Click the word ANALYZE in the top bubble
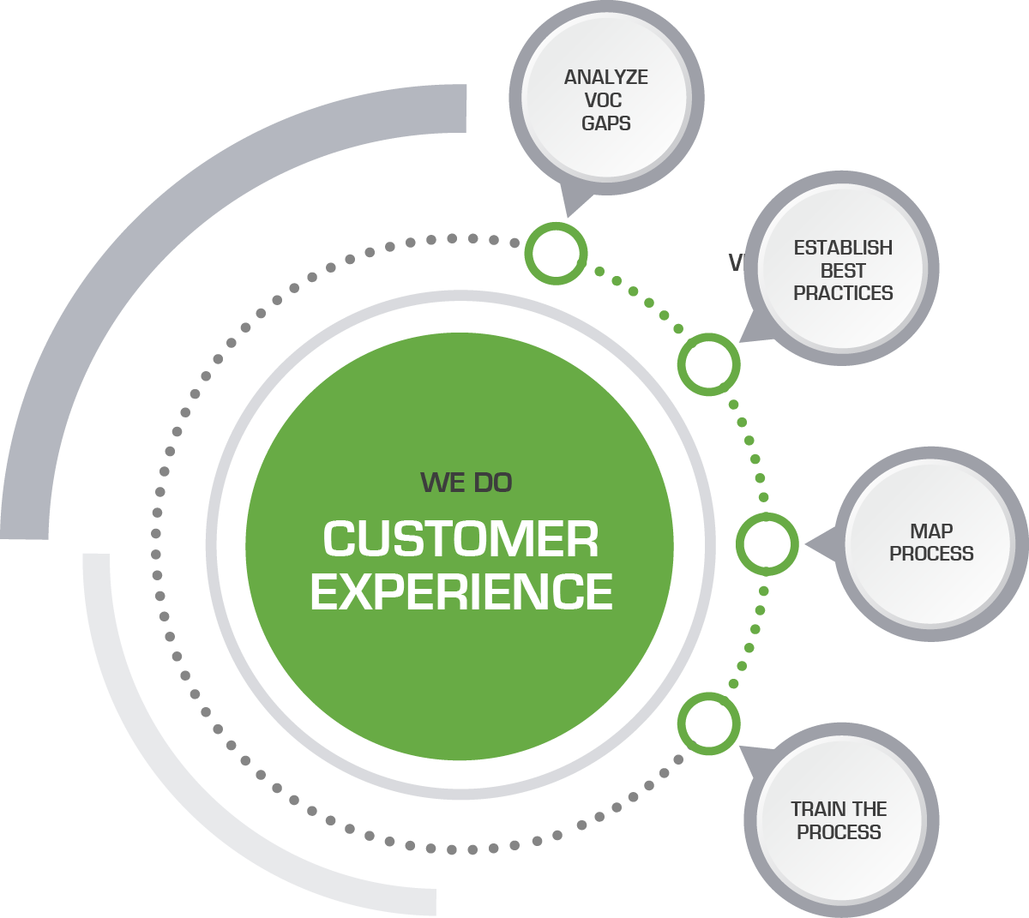(605, 77)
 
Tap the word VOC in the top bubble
(603, 100)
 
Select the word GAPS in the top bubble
(605, 123)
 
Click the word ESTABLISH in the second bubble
(843, 248)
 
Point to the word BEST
(843, 271)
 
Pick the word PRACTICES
(843, 293)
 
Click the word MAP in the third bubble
(931, 531)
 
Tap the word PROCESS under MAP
(931, 554)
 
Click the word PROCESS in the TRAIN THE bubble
(839, 832)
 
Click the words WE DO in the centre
(466, 483)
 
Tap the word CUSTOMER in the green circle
(460, 540)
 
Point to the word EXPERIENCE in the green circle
(461, 592)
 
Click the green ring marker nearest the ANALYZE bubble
(556, 254)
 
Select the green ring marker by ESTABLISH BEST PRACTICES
(708, 364)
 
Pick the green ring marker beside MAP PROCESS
(767, 544)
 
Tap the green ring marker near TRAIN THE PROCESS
(708, 723)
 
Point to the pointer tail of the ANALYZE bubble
(573, 201)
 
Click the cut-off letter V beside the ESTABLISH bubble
(735, 262)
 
